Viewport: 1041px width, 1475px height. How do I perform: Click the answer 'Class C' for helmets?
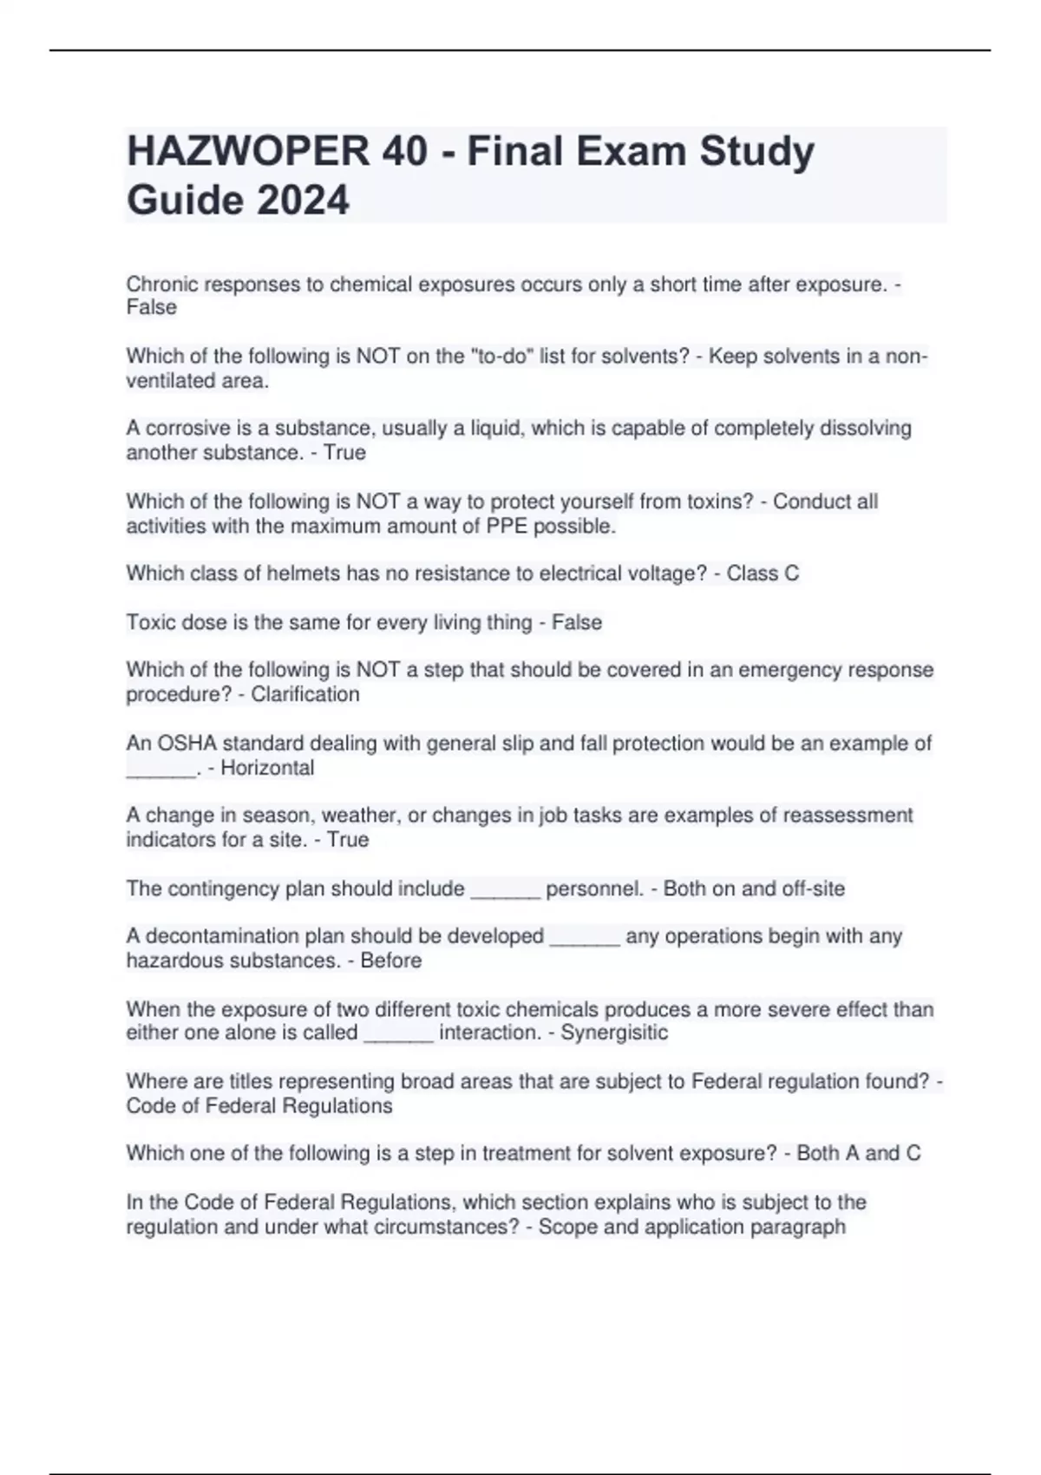pyautogui.click(x=763, y=574)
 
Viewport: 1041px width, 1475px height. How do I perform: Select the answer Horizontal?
pyautogui.click(x=267, y=768)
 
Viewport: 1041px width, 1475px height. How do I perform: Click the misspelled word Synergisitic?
pyautogui.click(x=614, y=1032)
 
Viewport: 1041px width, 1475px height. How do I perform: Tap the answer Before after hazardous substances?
pyautogui.click(x=390, y=960)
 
